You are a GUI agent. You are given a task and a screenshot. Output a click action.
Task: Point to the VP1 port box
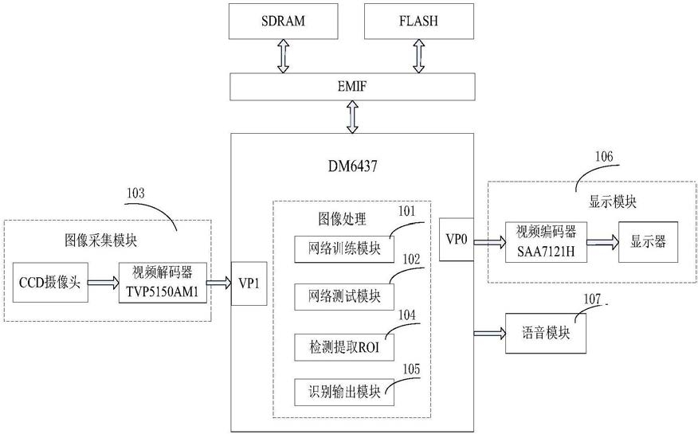click(248, 283)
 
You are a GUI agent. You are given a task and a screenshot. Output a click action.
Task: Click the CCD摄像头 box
click(49, 282)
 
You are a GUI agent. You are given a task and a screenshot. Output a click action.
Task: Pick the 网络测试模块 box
click(344, 296)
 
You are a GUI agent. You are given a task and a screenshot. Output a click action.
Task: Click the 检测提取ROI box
click(344, 346)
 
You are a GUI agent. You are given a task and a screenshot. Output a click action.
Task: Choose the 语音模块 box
click(547, 332)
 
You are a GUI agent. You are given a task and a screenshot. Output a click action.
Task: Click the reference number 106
click(603, 156)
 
